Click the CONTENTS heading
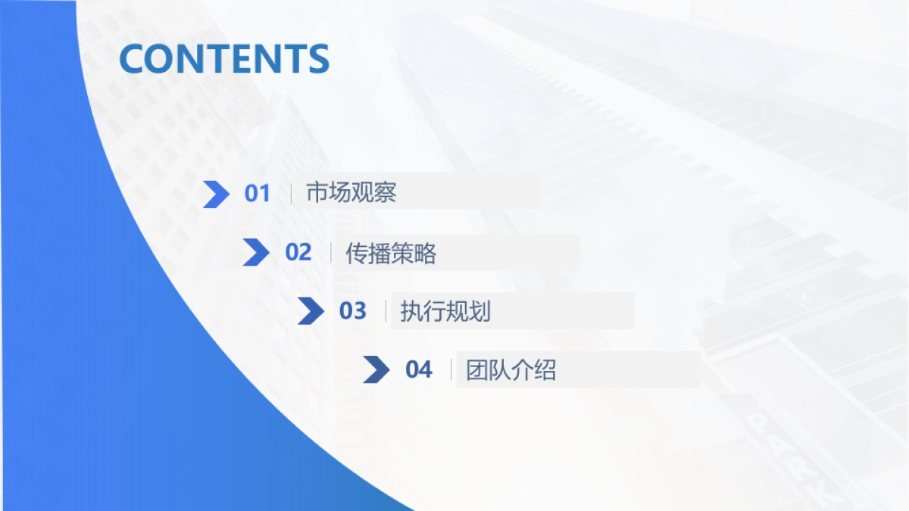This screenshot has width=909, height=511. point(224,59)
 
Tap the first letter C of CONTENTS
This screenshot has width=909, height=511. point(133,59)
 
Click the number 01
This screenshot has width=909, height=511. point(258,194)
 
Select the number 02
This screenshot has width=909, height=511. point(298,253)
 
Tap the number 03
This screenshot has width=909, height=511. point(353,311)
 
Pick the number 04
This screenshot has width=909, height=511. point(419,370)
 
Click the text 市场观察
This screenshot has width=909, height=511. point(351,193)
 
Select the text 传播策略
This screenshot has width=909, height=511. point(391,253)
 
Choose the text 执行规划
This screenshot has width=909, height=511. point(445,311)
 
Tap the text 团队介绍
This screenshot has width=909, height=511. point(511,370)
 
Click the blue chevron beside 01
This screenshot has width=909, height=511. point(216,195)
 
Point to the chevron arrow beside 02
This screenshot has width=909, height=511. point(255,253)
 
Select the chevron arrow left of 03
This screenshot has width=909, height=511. point(311,311)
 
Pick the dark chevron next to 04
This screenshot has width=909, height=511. point(376,369)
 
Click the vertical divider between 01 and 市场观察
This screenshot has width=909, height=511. point(292,194)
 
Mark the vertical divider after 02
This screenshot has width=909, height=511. point(331,253)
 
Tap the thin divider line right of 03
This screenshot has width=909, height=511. point(386,311)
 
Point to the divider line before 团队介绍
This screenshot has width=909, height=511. point(451,370)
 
